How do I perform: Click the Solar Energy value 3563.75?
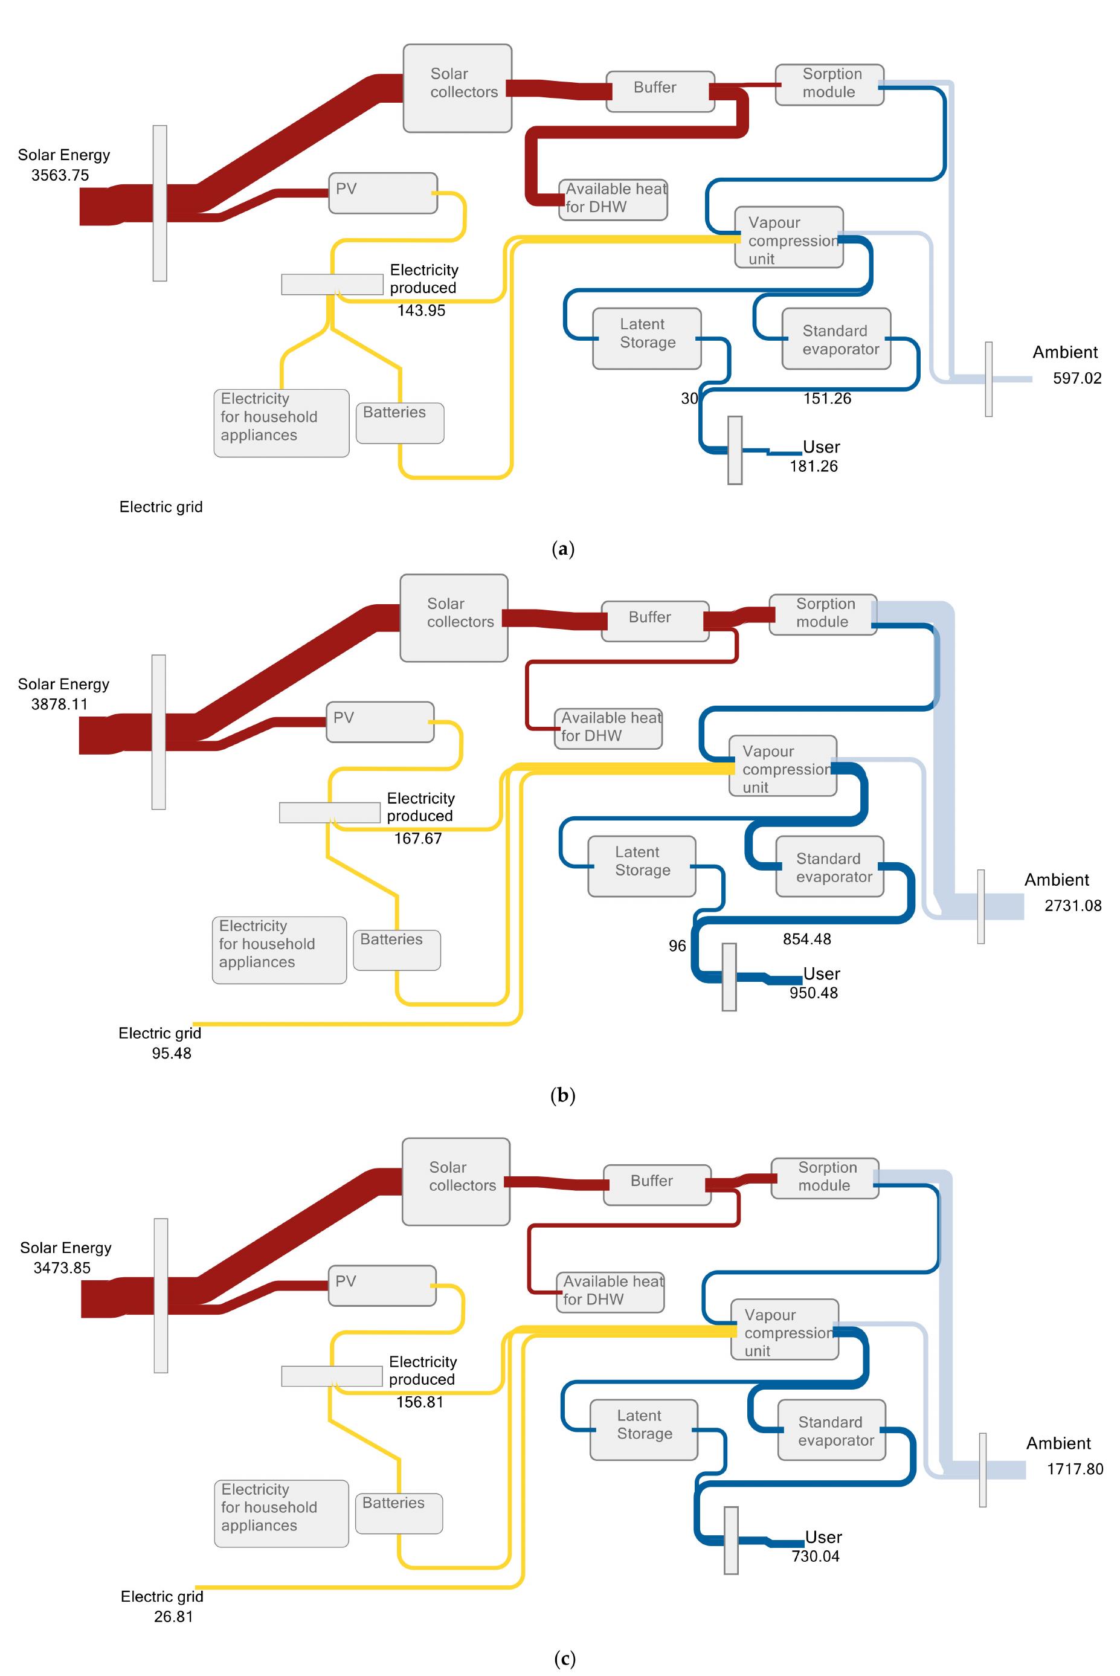click(60, 175)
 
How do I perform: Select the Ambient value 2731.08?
click(1073, 906)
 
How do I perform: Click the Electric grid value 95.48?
click(172, 1053)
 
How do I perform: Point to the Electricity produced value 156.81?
click(419, 1402)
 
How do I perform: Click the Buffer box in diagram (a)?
click(660, 91)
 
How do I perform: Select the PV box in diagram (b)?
click(380, 721)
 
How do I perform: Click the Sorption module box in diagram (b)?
click(823, 614)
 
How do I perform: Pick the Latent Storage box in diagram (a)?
click(646, 338)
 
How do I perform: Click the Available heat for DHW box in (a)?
click(613, 199)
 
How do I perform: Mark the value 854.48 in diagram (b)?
click(806, 939)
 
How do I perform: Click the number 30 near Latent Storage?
click(689, 399)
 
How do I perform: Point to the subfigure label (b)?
click(563, 1095)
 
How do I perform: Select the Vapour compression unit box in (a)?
click(788, 237)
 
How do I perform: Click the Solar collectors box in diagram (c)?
click(455, 1181)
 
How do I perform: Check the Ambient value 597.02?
click(1077, 378)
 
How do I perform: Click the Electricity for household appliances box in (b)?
click(279, 950)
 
